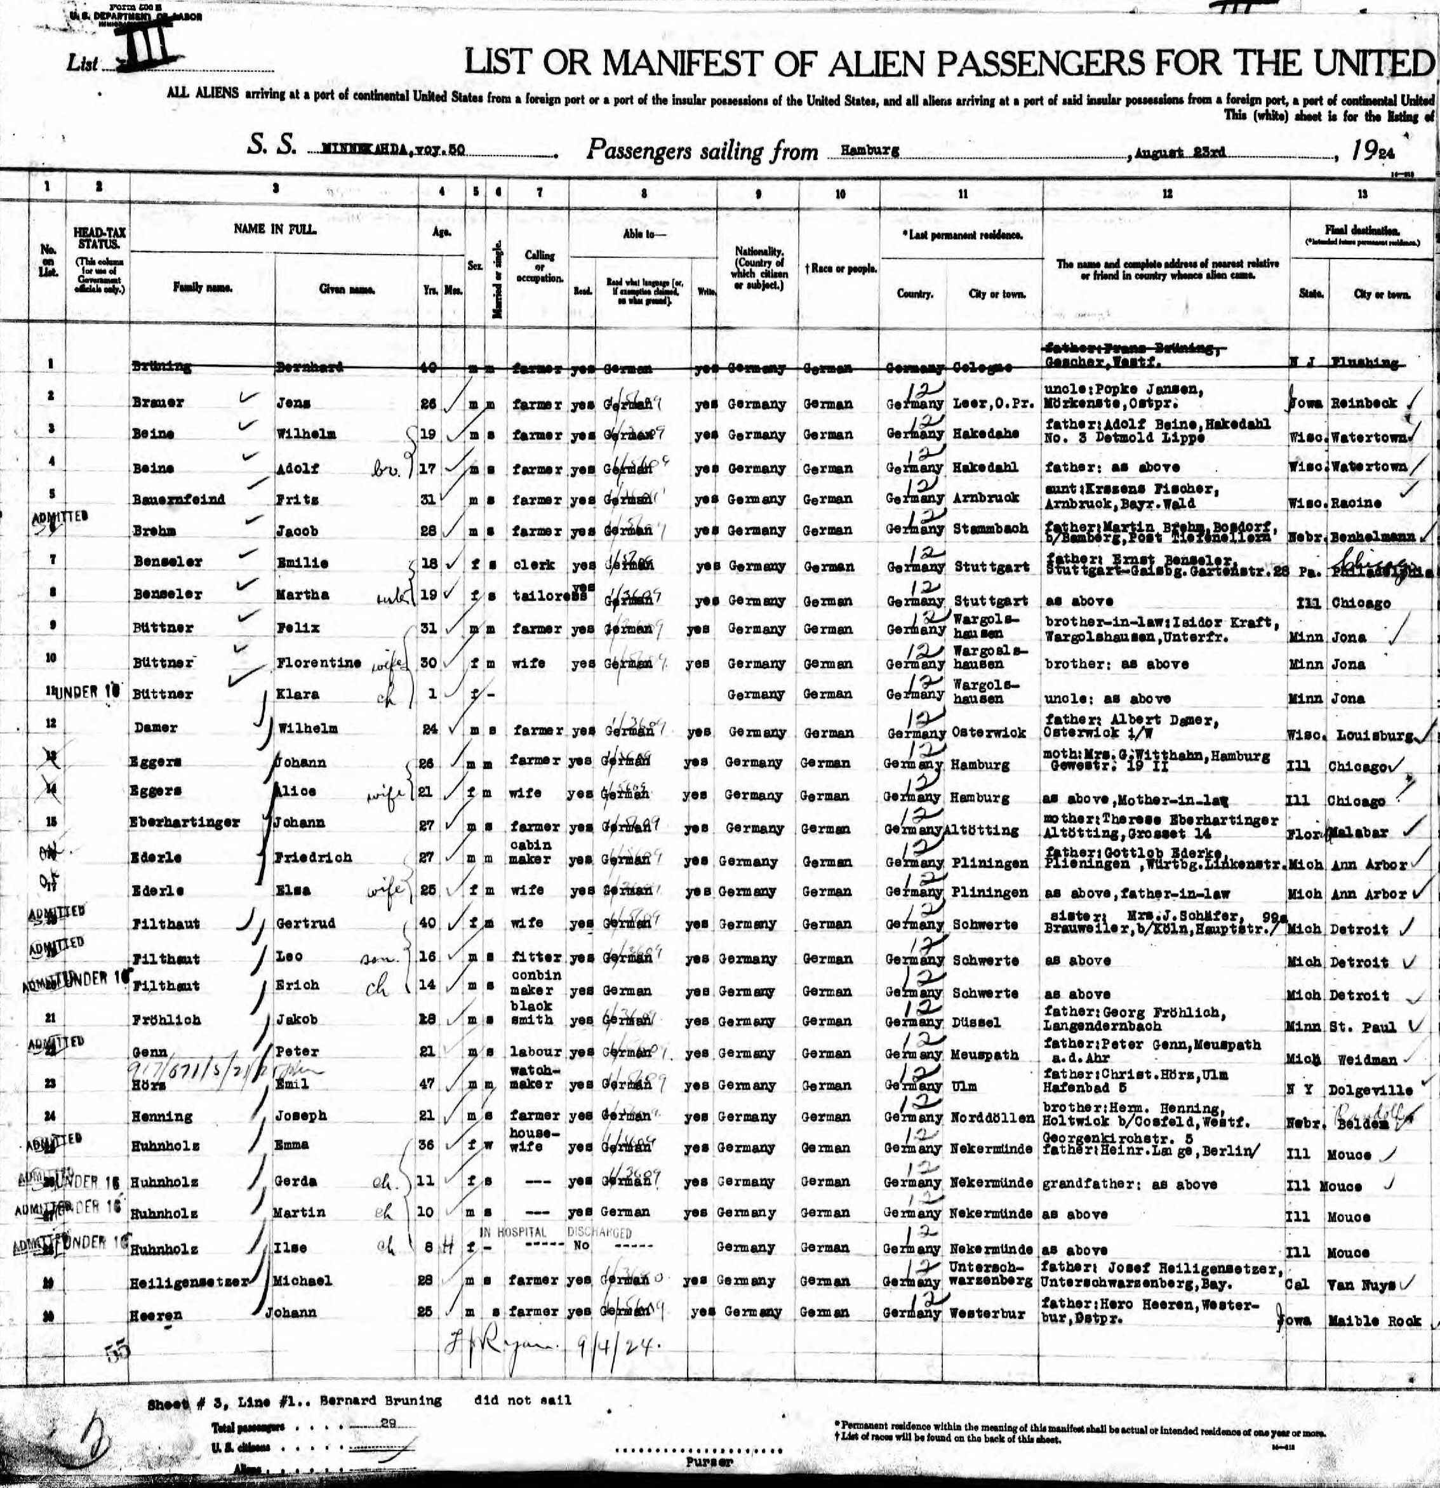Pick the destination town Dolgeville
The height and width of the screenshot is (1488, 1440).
coord(1371,1089)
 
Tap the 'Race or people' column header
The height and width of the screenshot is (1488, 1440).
coord(840,268)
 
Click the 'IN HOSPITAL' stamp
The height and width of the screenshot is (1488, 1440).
coord(514,1231)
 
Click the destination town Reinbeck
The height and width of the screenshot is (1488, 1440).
coord(1363,404)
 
